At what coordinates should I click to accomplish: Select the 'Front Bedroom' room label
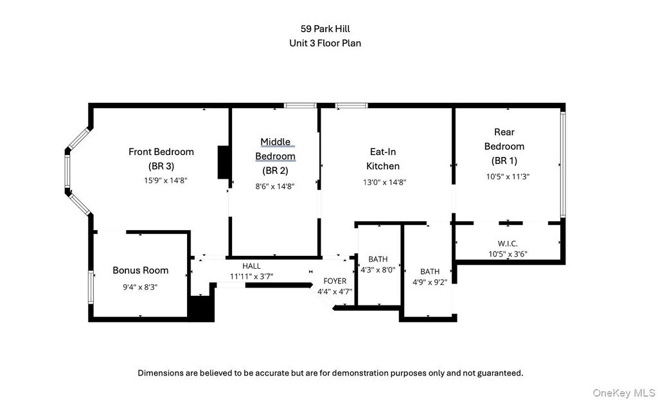[x=161, y=152]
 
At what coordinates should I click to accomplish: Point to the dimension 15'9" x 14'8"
[x=161, y=181]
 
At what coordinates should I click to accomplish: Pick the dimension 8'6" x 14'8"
[x=275, y=186]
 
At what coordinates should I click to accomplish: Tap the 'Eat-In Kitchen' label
[x=382, y=159]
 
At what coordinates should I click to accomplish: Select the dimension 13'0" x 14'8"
[x=385, y=182]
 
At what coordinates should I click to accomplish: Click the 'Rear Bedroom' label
[x=504, y=139]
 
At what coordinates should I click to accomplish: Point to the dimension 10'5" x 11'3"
[x=507, y=176]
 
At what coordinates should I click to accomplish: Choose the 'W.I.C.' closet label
[x=508, y=243]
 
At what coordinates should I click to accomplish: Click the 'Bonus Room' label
[x=141, y=270]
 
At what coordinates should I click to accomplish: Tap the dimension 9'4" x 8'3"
[x=139, y=287]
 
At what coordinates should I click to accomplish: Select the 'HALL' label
[x=251, y=266]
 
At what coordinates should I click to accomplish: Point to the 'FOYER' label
[x=335, y=281]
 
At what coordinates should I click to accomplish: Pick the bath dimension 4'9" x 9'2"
[x=430, y=281]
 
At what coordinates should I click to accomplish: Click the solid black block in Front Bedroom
[x=224, y=162]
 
